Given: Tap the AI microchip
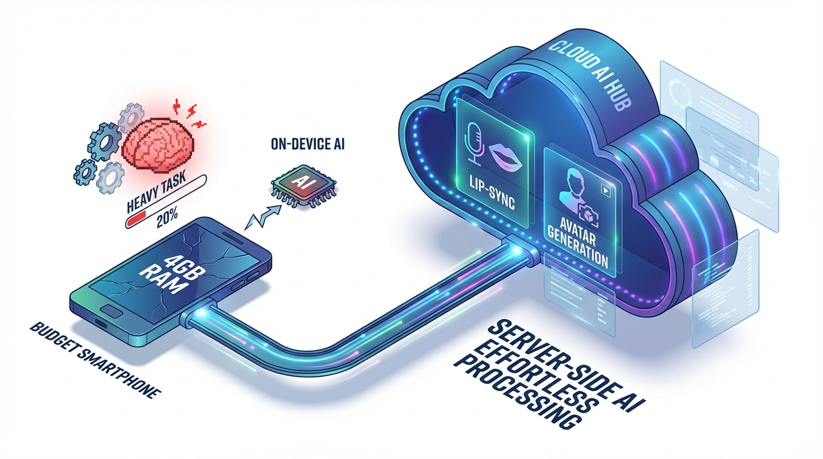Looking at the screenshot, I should pyautogui.click(x=303, y=182).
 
